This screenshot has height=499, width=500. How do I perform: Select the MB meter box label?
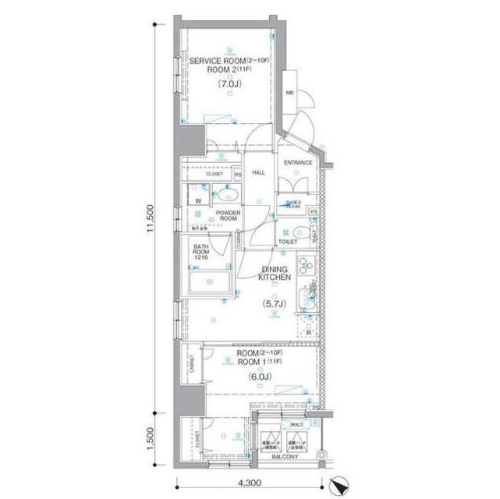click(289, 93)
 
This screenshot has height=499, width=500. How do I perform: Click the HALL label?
click(259, 173)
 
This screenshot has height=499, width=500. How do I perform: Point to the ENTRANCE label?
click(297, 163)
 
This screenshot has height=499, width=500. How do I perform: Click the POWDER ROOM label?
click(227, 216)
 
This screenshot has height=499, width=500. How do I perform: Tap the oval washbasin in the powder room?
click(231, 195)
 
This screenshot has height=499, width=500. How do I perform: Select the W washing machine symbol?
click(198, 200)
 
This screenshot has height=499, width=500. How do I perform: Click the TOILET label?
click(289, 242)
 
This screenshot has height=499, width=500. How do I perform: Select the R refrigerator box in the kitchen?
click(310, 332)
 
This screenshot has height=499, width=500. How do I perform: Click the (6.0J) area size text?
click(259, 377)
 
